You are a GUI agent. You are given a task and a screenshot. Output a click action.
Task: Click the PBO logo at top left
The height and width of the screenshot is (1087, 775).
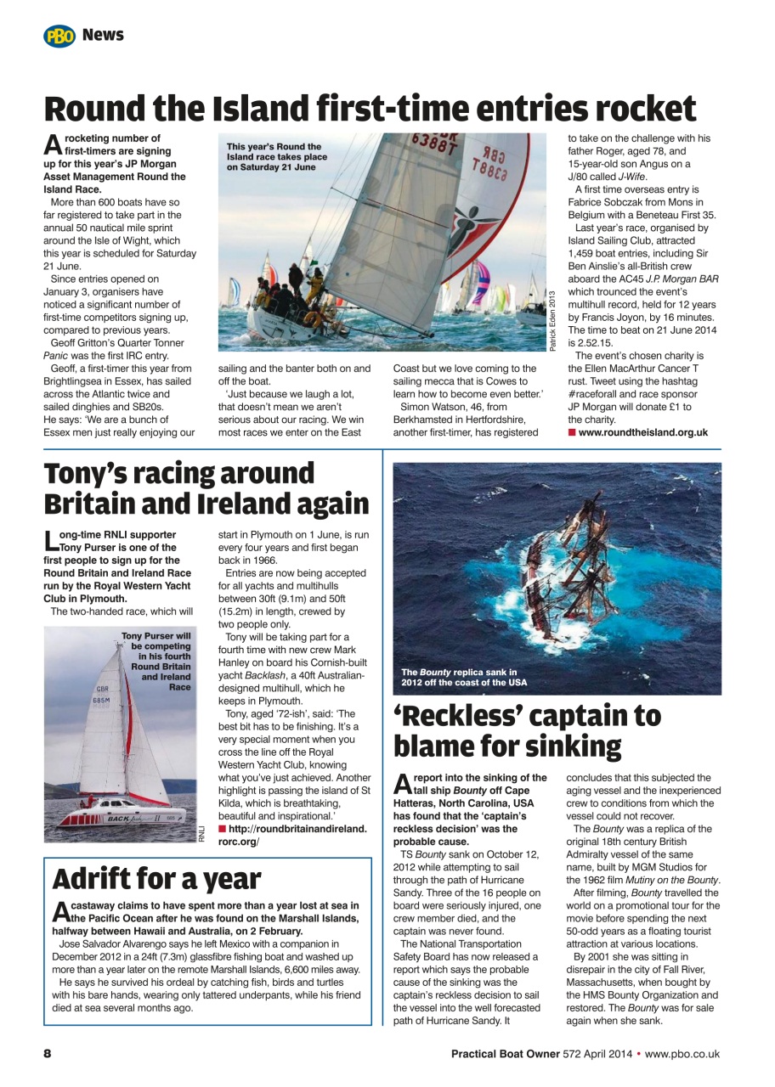59,36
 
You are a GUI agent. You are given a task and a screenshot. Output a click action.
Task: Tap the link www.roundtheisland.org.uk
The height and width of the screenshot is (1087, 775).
642,432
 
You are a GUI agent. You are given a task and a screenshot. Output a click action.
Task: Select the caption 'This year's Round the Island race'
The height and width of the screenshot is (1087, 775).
276,157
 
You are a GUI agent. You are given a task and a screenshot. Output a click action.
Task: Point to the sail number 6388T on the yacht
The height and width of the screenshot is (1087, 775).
434,144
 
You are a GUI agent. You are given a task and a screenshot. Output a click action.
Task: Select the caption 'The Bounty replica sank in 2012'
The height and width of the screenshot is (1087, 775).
464,677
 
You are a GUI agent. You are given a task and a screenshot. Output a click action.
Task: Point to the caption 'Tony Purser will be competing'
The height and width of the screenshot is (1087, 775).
159,661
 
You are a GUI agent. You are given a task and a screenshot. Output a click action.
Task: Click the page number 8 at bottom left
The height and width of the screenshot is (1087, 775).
48,1054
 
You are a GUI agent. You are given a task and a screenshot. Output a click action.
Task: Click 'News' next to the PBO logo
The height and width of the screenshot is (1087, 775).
103,35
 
